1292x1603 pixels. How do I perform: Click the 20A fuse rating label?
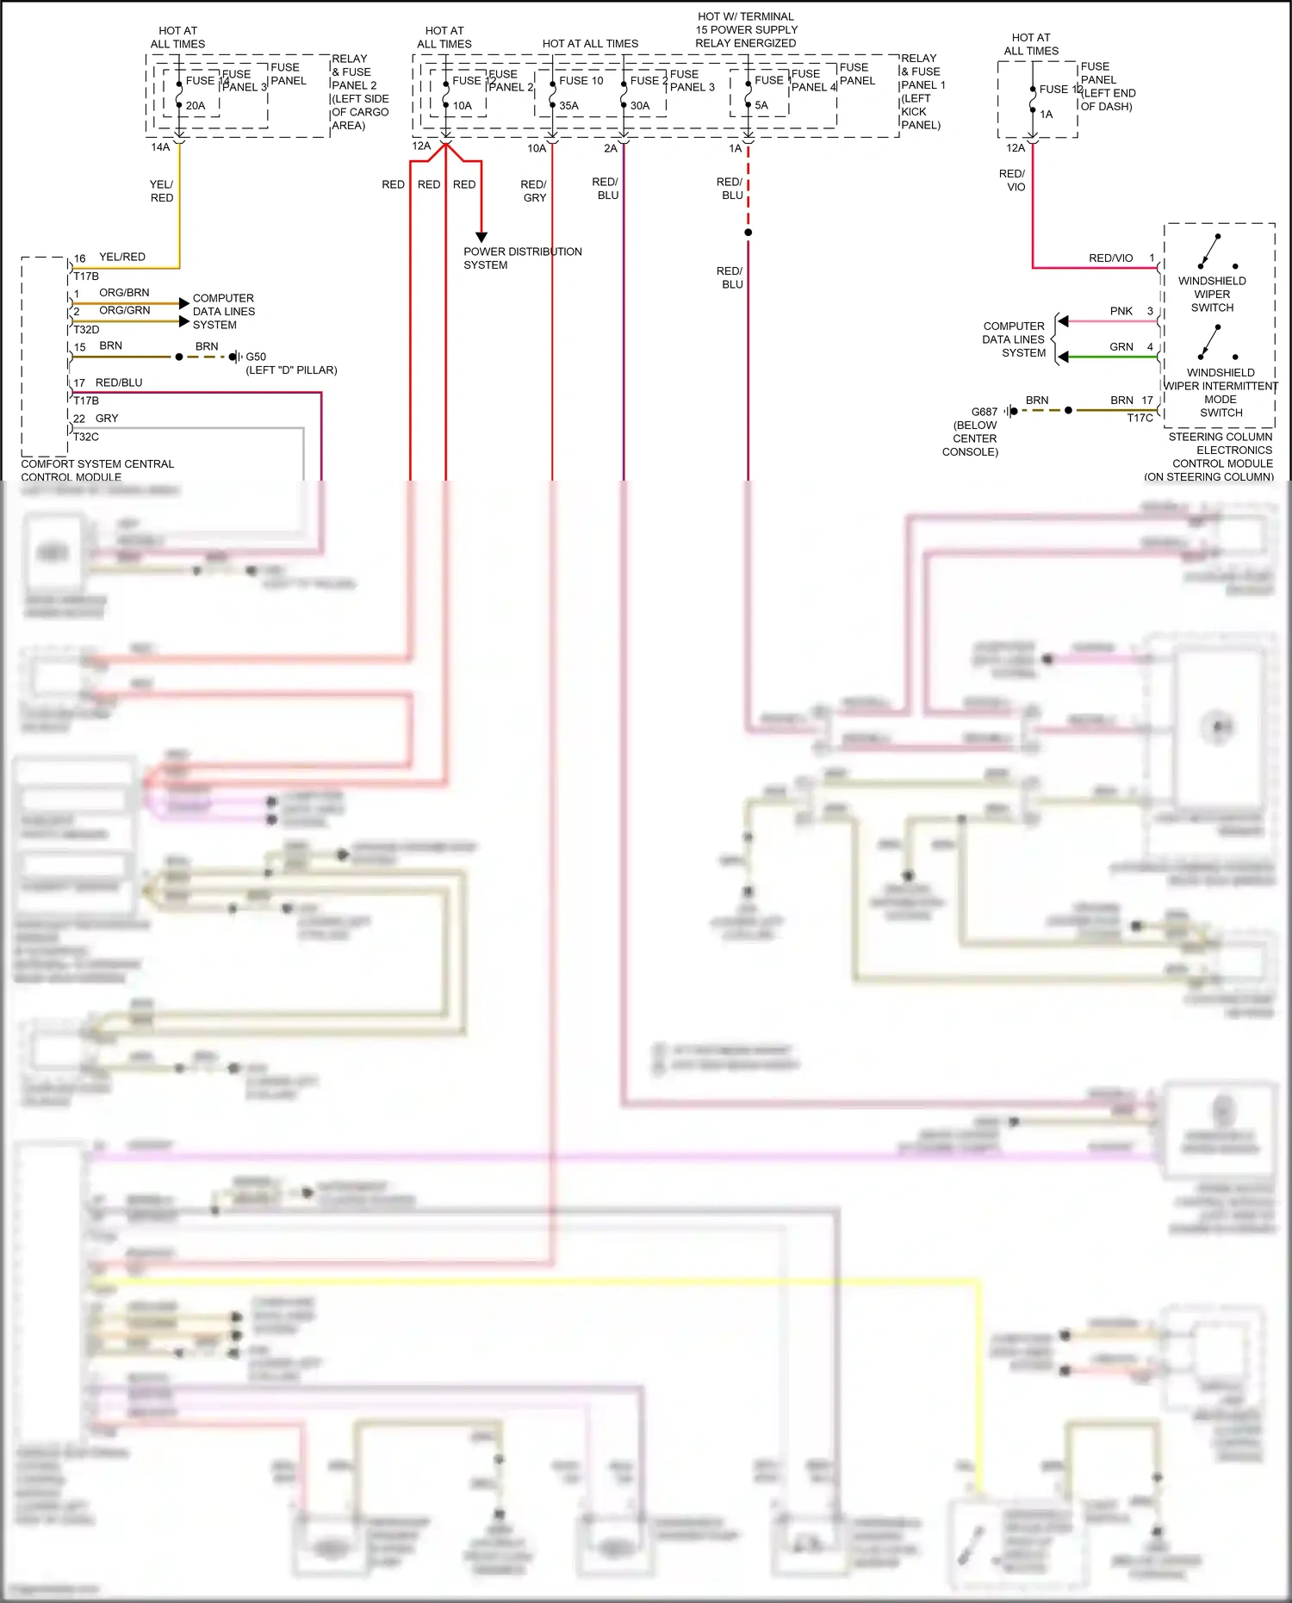pyautogui.click(x=196, y=106)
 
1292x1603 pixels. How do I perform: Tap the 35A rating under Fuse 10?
pyautogui.click(x=568, y=106)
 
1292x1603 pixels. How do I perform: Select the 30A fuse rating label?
pyautogui.click(x=640, y=106)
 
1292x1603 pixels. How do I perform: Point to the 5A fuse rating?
pyautogui.click(x=761, y=106)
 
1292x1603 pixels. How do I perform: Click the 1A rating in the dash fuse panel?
pyautogui.click(x=1046, y=115)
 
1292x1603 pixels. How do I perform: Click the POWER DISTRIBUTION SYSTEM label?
pyautogui.click(x=522, y=258)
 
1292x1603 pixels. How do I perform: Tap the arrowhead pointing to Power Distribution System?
pyautogui.click(x=481, y=237)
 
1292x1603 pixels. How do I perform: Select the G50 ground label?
pyautogui.click(x=256, y=357)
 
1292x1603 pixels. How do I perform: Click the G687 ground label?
pyautogui.click(x=984, y=412)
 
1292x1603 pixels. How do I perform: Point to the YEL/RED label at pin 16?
pyautogui.click(x=122, y=257)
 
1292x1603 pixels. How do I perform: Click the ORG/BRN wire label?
pyautogui.click(x=124, y=293)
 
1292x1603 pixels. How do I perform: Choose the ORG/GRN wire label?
pyautogui.click(x=124, y=310)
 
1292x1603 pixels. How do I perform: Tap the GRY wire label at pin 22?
pyautogui.click(x=107, y=419)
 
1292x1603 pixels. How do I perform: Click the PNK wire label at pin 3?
pyautogui.click(x=1121, y=311)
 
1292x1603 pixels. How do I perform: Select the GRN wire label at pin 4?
pyautogui.click(x=1121, y=347)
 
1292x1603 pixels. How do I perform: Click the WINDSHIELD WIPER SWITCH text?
pyautogui.click(x=1212, y=294)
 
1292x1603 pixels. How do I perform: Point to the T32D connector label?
pyautogui.click(x=86, y=330)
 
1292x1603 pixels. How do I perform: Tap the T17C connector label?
pyautogui.click(x=1140, y=419)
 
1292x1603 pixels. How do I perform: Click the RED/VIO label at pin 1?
pyautogui.click(x=1110, y=258)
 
